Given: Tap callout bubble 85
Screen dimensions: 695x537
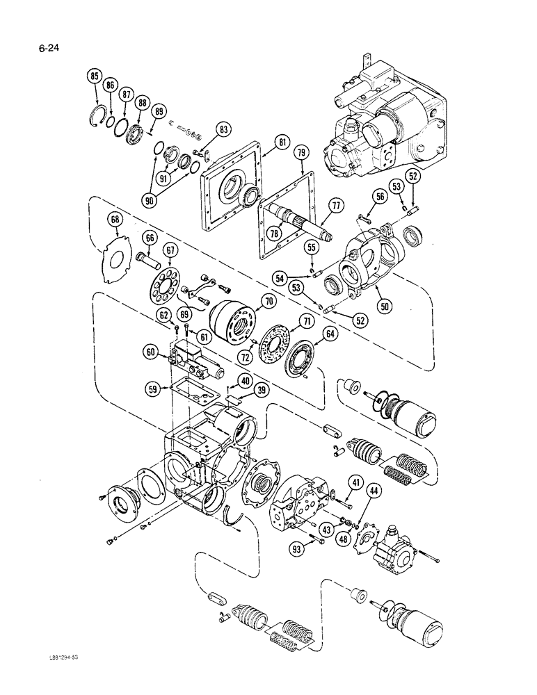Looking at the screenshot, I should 95,76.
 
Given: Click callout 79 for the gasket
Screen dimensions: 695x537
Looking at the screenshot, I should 301,151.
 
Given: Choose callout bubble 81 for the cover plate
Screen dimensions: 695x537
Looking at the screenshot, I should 263,142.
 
